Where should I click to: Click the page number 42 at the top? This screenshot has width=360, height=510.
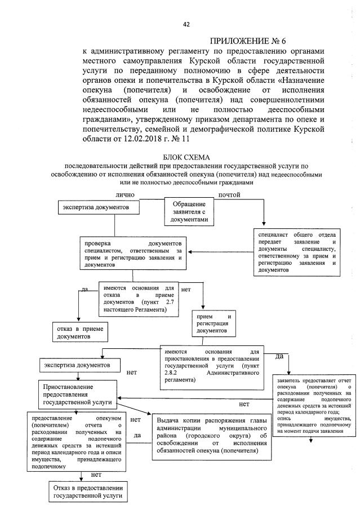click(x=186, y=24)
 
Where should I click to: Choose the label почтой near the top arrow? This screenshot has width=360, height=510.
click(x=229, y=194)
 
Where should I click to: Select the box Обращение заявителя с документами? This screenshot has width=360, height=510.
click(x=189, y=211)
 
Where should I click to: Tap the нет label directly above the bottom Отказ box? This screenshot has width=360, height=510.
click(x=88, y=475)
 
